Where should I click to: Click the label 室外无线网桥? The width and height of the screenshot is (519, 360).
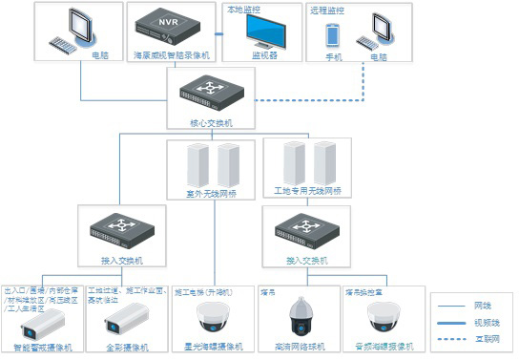pyautogui.click(x=212, y=193)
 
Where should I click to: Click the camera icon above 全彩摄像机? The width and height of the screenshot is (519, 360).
pyautogui.click(x=121, y=318)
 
